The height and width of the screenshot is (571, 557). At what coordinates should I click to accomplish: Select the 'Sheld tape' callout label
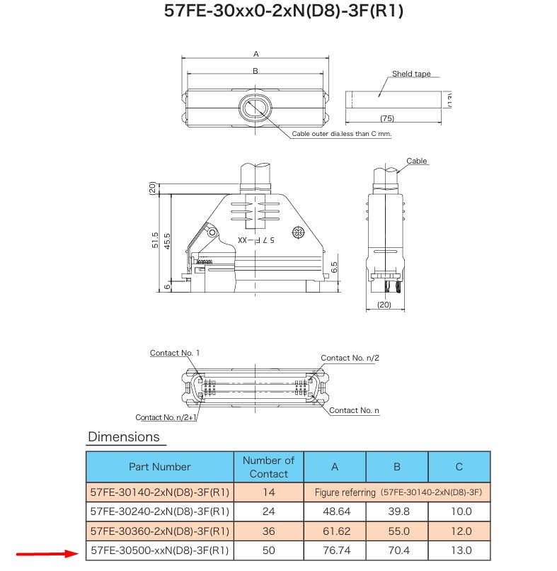pos(411,74)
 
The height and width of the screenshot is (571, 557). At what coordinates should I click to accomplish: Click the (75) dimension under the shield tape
pos(386,118)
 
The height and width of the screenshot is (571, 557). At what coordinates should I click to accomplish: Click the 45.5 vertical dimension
pos(167,241)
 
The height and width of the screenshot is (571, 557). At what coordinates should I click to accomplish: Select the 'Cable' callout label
pos(417,162)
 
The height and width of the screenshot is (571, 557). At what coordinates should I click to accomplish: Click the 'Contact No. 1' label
pos(174,353)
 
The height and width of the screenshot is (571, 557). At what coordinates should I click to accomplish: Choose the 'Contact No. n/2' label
pos(350,358)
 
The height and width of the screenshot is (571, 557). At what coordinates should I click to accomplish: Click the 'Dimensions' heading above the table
pos(124,437)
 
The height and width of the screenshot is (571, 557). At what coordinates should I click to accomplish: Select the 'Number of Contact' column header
pos(268,467)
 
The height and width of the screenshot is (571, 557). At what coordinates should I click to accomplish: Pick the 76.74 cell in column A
pos(334,550)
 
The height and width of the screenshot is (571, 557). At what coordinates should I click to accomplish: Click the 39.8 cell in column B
pos(396,511)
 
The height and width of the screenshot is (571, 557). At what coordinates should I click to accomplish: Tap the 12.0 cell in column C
pos(459,531)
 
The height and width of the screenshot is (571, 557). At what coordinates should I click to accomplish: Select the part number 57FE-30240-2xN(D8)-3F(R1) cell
pos(159,511)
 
